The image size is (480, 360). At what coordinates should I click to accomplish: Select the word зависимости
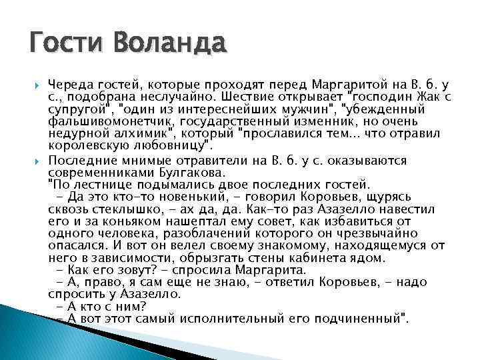click(125, 257)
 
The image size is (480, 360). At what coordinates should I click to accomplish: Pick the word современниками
click(101, 172)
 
